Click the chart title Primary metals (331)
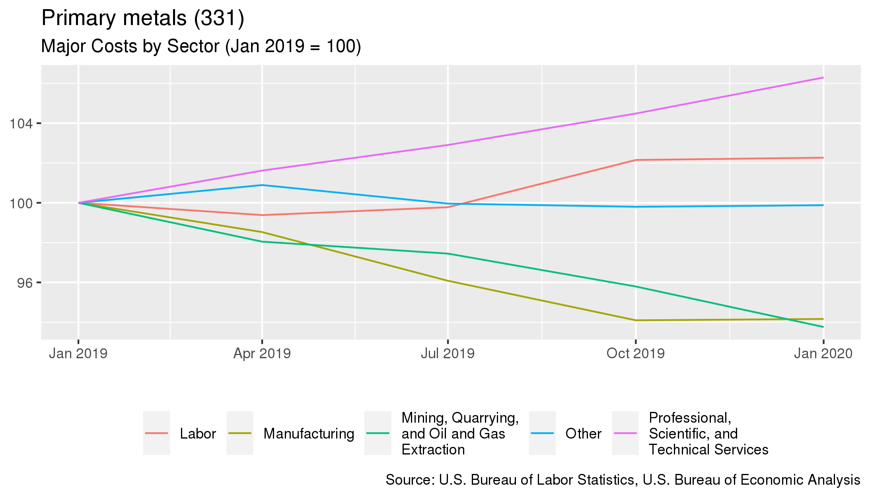[x=142, y=18]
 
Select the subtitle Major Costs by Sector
[x=201, y=46]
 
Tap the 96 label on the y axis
[x=25, y=283]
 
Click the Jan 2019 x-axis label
[x=78, y=353]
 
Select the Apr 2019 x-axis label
[x=262, y=353]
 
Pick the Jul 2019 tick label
[x=448, y=353]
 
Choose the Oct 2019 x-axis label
[x=635, y=353]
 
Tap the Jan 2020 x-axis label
[x=823, y=353]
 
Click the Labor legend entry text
[x=198, y=433]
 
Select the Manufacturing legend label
[x=309, y=433]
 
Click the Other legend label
[x=583, y=433]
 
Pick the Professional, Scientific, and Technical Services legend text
[x=708, y=433]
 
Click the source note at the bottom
[x=623, y=480]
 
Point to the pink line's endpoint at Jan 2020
[x=823, y=78]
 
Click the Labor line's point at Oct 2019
[x=636, y=160]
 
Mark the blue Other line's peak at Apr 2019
[x=262, y=185]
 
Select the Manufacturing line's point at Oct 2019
[x=636, y=320]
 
